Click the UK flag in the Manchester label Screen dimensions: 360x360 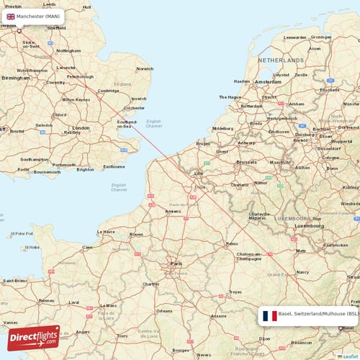click(x=11, y=16)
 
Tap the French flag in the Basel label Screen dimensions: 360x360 click(x=269, y=315)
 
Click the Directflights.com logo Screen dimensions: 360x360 click(x=33, y=337)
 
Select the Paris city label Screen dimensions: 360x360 click(x=176, y=264)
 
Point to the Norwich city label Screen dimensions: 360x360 click(x=145, y=68)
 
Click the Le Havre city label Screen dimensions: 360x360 click(x=105, y=231)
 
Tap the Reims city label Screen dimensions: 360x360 click(x=231, y=244)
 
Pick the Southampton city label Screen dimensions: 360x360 click(x=35, y=159)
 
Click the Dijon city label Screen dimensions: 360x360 click(x=265, y=338)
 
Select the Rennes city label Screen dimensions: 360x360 click(x=46, y=300)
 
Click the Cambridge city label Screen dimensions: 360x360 click(x=109, y=91)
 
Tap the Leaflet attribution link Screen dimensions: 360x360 click(x=350, y=356)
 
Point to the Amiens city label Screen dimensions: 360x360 click(x=173, y=211)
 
